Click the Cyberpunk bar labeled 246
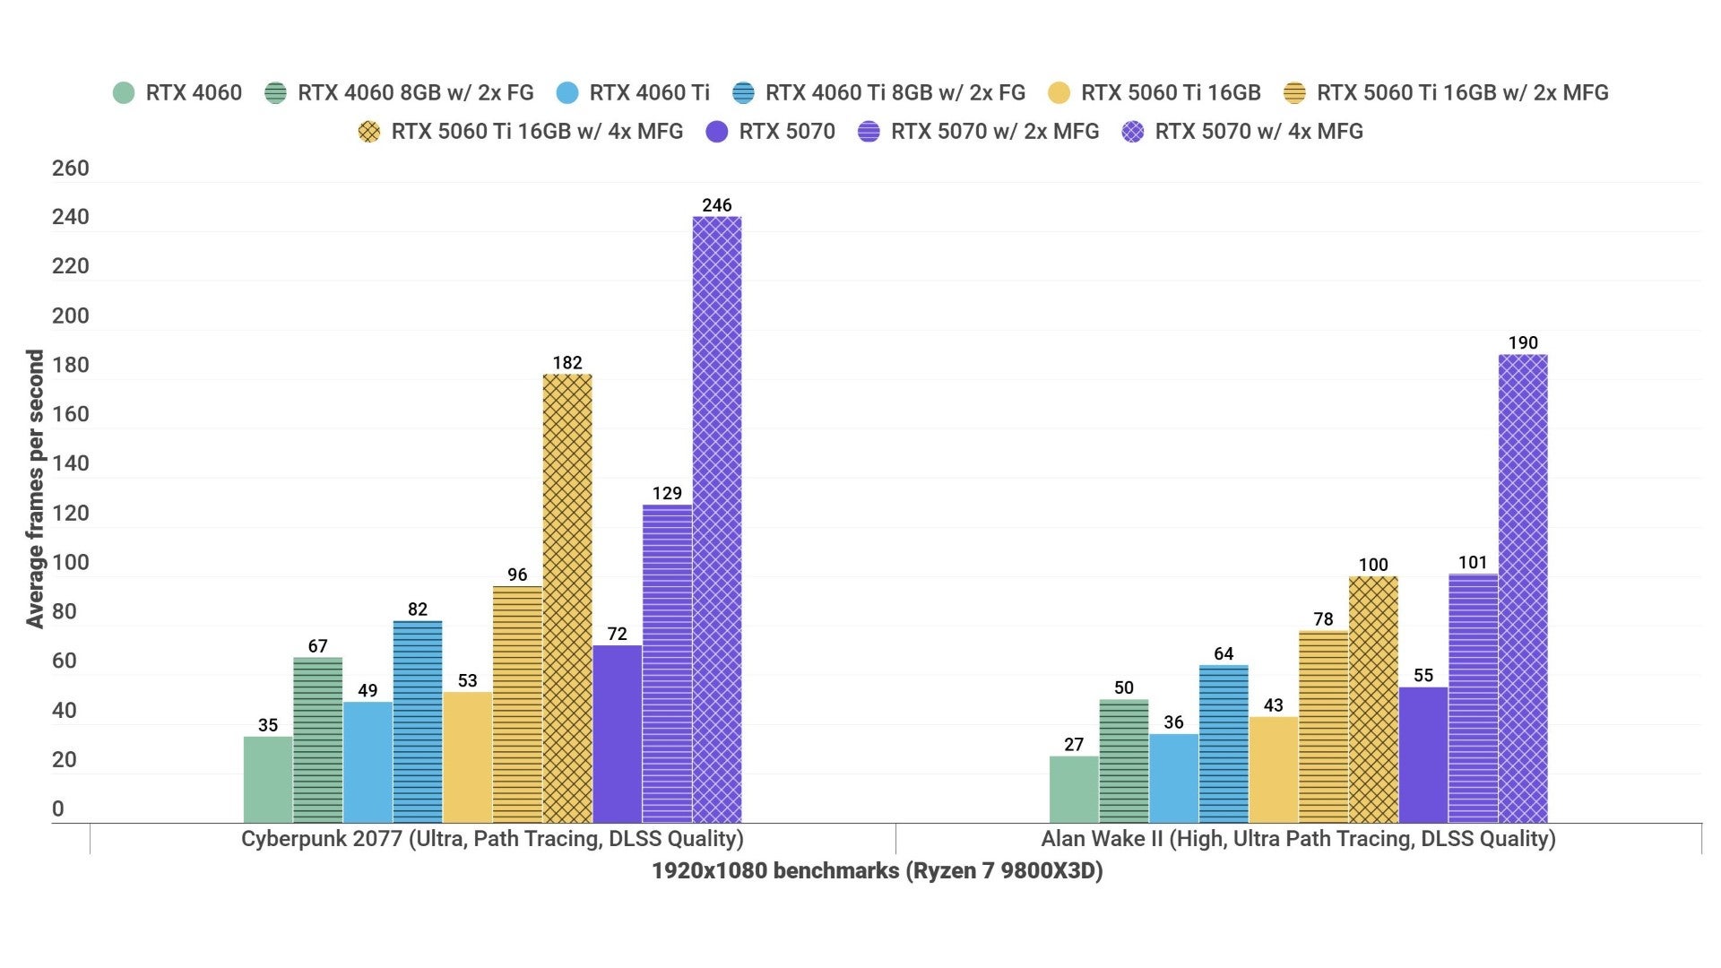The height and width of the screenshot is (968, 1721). [716, 520]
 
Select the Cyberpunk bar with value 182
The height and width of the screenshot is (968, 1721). [566, 599]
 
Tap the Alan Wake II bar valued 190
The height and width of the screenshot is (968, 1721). [1522, 589]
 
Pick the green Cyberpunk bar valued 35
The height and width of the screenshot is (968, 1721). [267, 780]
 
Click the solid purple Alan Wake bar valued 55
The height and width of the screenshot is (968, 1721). [1423, 755]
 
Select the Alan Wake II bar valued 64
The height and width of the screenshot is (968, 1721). [1223, 744]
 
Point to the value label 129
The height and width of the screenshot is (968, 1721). [666, 493]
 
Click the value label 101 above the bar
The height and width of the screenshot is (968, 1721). [1472, 562]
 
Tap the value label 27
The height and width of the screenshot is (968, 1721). [1073, 744]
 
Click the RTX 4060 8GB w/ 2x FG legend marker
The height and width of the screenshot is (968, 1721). [275, 92]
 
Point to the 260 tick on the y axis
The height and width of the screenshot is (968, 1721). [70, 169]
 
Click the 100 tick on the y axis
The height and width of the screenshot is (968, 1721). [70, 563]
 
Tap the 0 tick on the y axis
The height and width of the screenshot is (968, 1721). [58, 809]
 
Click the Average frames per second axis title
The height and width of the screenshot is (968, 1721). [34, 488]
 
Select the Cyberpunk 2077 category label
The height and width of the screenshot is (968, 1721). [492, 839]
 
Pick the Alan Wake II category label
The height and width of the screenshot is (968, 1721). [1297, 839]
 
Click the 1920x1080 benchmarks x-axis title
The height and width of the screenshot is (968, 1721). [877, 871]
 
